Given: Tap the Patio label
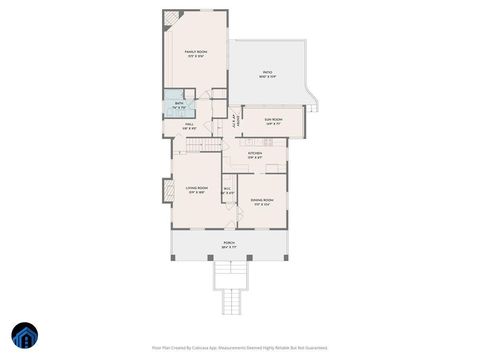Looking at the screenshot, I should (x=268, y=74).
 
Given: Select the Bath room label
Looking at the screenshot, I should (x=179, y=104).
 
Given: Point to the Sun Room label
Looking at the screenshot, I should (x=273, y=120).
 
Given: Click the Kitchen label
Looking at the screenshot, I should (x=256, y=154).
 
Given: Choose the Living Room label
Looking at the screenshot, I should (x=196, y=189).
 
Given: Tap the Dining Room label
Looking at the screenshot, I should (x=262, y=202).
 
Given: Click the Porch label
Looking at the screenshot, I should (x=228, y=244).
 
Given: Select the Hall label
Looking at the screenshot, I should (x=188, y=126).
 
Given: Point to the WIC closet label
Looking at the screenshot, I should (x=227, y=190).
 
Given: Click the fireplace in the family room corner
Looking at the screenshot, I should (x=171, y=17).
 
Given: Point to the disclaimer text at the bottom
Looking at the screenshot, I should (x=240, y=347).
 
